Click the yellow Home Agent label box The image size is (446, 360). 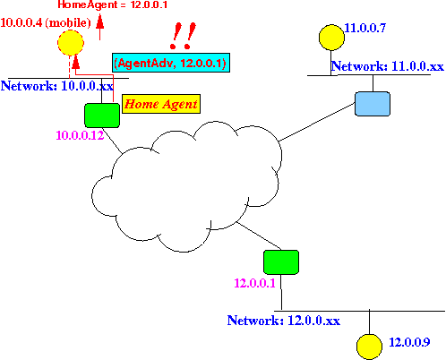point(161,104)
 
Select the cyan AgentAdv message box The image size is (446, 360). point(171,63)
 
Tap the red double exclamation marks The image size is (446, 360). point(183,36)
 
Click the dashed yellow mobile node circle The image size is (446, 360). point(71,43)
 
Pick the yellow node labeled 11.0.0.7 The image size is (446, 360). point(331,38)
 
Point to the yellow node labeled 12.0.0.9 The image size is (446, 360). point(369,347)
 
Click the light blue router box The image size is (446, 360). point(373,104)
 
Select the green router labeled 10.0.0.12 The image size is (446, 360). point(102,116)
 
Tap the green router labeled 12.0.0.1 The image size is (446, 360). point(281,262)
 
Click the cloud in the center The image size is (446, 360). point(186,186)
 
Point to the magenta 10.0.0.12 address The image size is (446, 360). point(80,135)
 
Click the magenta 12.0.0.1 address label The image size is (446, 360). point(254,283)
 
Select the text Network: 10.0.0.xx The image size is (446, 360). point(57,86)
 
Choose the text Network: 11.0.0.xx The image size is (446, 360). point(388,66)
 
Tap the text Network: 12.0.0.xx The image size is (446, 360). point(284,321)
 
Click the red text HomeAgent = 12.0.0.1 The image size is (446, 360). point(112,4)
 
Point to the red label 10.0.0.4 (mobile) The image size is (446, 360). point(46,22)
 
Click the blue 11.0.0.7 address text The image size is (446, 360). point(365,28)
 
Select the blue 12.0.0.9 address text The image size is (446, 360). point(409,342)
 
